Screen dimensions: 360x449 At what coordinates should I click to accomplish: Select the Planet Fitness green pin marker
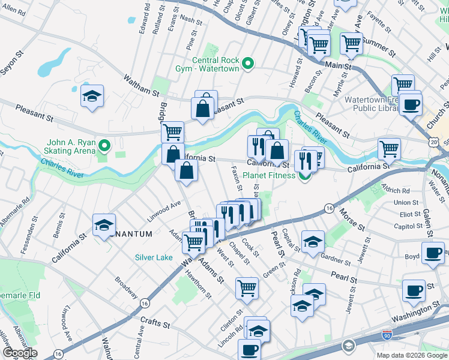point(306,175)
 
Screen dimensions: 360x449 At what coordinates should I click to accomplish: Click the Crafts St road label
point(154,323)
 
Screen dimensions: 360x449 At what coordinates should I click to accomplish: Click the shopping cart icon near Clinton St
point(247,287)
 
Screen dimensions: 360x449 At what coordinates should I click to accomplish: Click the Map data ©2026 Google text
point(412,355)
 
